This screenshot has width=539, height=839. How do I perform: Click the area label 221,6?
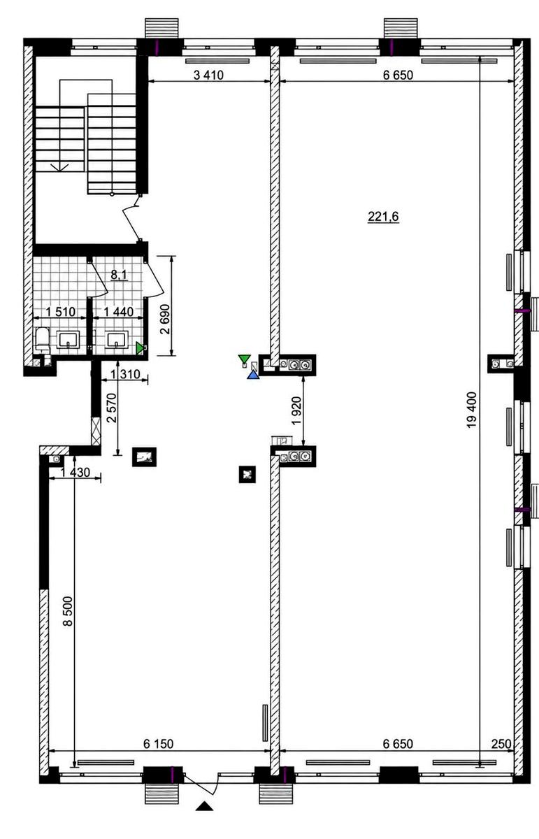tap(383, 217)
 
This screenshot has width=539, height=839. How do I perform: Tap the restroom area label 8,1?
tap(119, 275)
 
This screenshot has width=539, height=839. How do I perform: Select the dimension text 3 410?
tap(208, 75)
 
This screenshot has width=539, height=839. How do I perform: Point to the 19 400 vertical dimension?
tap(471, 410)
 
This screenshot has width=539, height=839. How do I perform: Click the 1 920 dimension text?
tap(296, 410)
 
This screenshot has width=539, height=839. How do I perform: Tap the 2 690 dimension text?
tap(165, 319)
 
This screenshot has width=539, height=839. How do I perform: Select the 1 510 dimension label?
tap(60, 311)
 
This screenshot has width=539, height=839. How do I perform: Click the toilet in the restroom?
tap(43, 340)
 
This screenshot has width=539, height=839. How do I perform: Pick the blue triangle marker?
tap(253, 375)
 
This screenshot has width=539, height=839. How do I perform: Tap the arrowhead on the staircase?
tap(59, 167)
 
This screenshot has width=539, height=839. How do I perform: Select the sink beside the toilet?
tap(68, 339)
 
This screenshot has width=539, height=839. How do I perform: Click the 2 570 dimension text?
tap(112, 408)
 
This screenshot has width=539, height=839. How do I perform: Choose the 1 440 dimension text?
tap(118, 311)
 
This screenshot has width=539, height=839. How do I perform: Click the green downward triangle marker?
tap(244, 359)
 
